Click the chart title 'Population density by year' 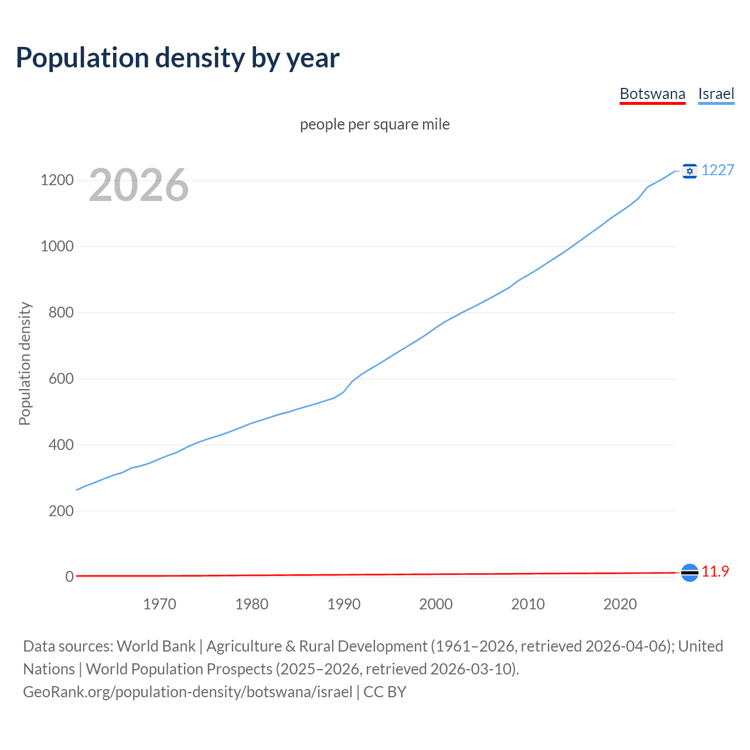point(178,58)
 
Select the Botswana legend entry point(652,94)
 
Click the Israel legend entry point(716,94)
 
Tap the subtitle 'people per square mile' point(375,125)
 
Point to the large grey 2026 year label point(139,185)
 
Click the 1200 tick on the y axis point(57,180)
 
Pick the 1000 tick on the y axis point(57,247)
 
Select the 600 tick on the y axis point(61,379)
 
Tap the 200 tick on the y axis point(61,511)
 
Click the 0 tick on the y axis point(70,577)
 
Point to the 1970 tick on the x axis point(159,604)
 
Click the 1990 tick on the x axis point(344,604)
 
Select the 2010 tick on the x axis point(528,604)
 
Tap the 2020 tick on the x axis point(620,604)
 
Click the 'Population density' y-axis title point(25,363)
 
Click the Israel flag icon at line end point(690,171)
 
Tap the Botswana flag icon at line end point(690,572)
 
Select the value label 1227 point(718,171)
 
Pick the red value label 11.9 point(715,572)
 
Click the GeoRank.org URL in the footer point(187,692)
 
